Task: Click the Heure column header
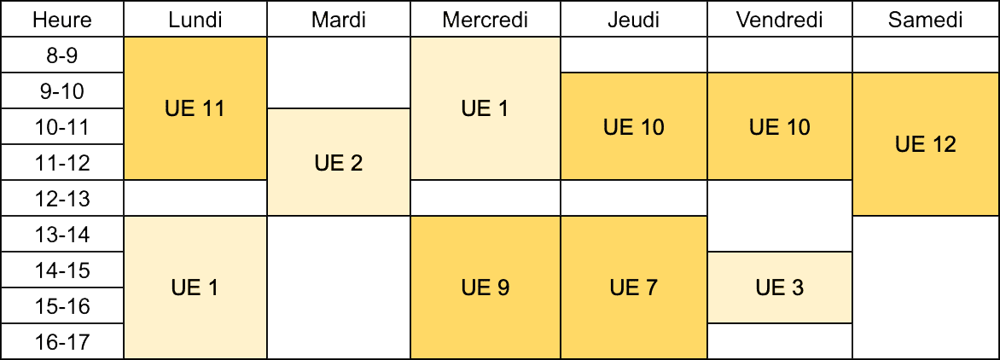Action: click(x=62, y=19)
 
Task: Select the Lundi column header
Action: click(x=195, y=19)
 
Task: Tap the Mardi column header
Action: click(x=339, y=19)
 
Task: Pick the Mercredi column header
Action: click(x=485, y=19)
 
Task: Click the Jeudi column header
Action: click(x=633, y=19)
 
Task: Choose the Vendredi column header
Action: click(x=779, y=19)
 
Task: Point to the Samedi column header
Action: click(x=926, y=19)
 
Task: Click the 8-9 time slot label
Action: click(x=62, y=55)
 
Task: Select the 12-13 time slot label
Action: click(x=62, y=198)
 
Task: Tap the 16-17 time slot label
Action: click(x=62, y=341)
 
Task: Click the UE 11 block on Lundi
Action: click(x=195, y=108)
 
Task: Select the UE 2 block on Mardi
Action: click(x=339, y=162)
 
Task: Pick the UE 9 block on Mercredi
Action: click(x=485, y=288)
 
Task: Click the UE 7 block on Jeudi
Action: click(x=633, y=288)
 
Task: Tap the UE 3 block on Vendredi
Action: click(x=779, y=288)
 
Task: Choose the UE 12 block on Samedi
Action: click(x=926, y=144)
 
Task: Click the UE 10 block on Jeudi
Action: click(x=633, y=126)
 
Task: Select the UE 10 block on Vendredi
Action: click(x=779, y=126)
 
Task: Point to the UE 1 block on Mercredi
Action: click(x=485, y=108)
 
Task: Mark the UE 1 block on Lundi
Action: click(x=195, y=288)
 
